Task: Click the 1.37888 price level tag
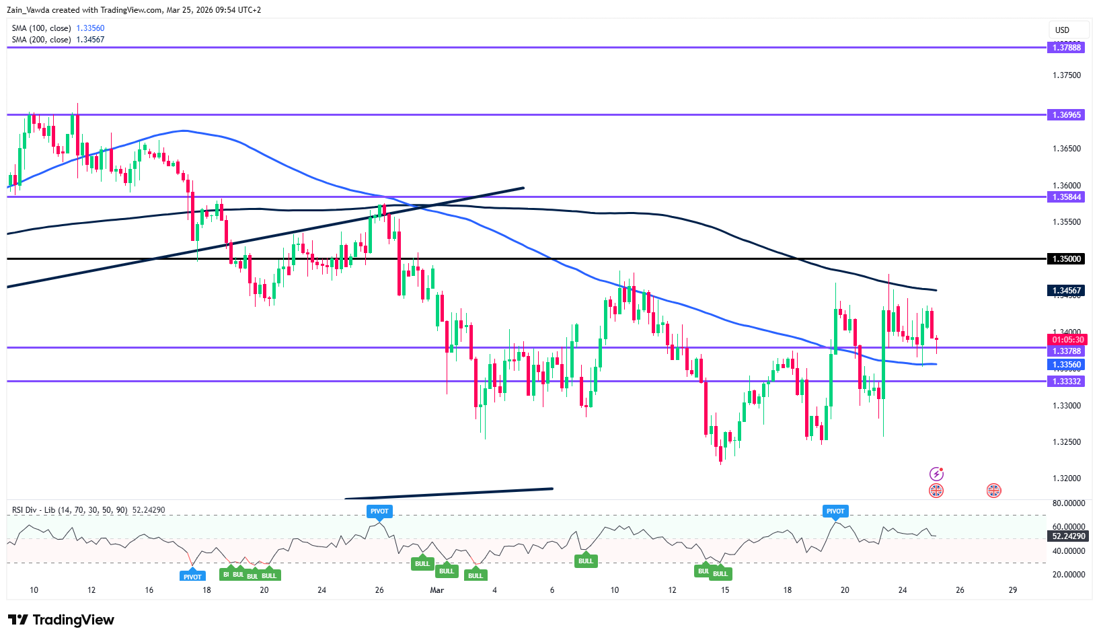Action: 1066,47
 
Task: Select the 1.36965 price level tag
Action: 1066,115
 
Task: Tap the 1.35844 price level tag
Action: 1066,197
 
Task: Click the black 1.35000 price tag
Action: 1066,258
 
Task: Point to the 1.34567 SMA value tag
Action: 1066,291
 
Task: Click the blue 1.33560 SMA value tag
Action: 1066,365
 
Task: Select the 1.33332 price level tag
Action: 1066,382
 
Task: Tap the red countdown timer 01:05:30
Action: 1067,340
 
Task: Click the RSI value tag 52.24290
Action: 1068,536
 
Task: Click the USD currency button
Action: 1062,30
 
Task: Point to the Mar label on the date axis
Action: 437,590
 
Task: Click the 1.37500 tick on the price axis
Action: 1067,75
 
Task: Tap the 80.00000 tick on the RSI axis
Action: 1068,503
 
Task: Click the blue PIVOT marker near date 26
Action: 379,511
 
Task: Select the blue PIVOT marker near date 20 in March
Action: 835,511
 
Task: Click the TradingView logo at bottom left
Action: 61,620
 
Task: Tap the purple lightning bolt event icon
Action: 936,474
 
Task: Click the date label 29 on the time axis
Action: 1013,590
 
